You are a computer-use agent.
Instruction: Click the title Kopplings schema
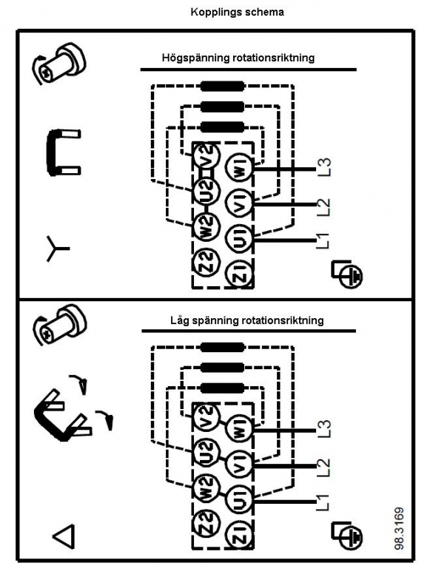pyautogui.click(x=237, y=12)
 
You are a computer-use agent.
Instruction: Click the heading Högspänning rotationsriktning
pyautogui.click(x=238, y=58)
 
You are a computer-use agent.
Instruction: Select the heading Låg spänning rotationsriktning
pyautogui.click(x=247, y=320)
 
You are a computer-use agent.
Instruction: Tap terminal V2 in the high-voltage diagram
pyautogui.click(x=207, y=155)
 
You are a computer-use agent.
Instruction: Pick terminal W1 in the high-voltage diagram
pyautogui.click(x=240, y=168)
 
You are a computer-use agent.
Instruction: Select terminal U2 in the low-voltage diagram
pyautogui.click(x=207, y=451)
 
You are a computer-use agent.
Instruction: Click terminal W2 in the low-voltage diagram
pyautogui.click(x=207, y=487)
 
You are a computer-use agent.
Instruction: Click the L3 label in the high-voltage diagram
pyautogui.click(x=324, y=166)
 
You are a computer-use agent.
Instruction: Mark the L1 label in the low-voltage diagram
pyautogui.click(x=323, y=502)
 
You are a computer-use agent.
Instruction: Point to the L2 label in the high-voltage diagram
pyautogui.click(x=324, y=208)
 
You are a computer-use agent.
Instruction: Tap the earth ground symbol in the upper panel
pyautogui.click(x=347, y=274)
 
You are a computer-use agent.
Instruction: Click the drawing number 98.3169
pyautogui.click(x=399, y=528)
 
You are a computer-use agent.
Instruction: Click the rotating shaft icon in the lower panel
pyautogui.click(x=59, y=325)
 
